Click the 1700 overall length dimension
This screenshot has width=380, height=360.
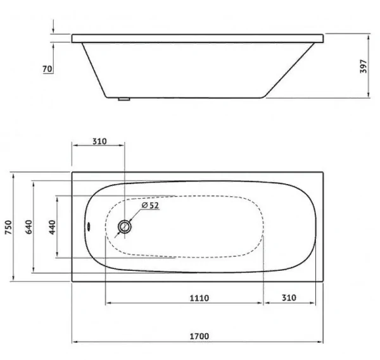pyautogui.click(x=199, y=337)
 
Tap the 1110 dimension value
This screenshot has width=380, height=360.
pyautogui.click(x=199, y=298)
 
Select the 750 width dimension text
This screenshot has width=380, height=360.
pyautogui.click(x=8, y=227)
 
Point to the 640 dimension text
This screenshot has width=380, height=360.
pyautogui.click(x=28, y=227)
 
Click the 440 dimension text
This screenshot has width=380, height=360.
pyautogui.click(x=52, y=227)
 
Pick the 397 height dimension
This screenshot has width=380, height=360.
pyautogui.click(x=364, y=66)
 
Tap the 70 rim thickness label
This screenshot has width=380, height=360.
pyautogui.click(x=47, y=69)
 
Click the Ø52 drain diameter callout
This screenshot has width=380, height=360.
pyautogui.click(x=150, y=205)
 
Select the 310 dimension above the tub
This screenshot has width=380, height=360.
pyautogui.click(x=99, y=141)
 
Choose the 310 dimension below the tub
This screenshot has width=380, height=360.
pyautogui.click(x=289, y=297)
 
